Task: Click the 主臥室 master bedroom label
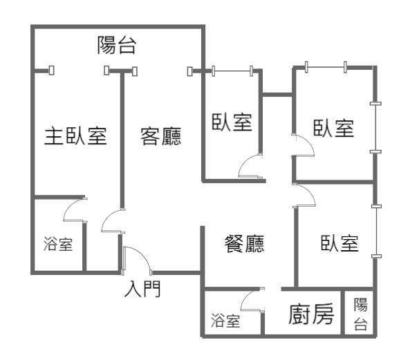[x=75, y=136]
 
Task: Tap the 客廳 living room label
[x=161, y=136]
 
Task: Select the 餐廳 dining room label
[x=244, y=244]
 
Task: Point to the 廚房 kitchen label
[x=311, y=314]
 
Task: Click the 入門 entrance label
[x=142, y=289]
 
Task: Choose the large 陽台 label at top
[x=116, y=45]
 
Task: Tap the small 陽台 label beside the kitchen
[x=361, y=314]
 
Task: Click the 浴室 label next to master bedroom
[x=58, y=244]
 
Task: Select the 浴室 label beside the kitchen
[x=225, y=321]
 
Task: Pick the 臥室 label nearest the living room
[x=232, y=122]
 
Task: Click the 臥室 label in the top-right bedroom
[x=334, y=128]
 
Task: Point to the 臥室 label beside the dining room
[x=339, y=243]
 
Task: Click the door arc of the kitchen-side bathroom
[x=247, y=296]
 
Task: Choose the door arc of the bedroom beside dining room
[x=310, y=192]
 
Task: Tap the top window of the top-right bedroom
[x=326, y=67]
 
